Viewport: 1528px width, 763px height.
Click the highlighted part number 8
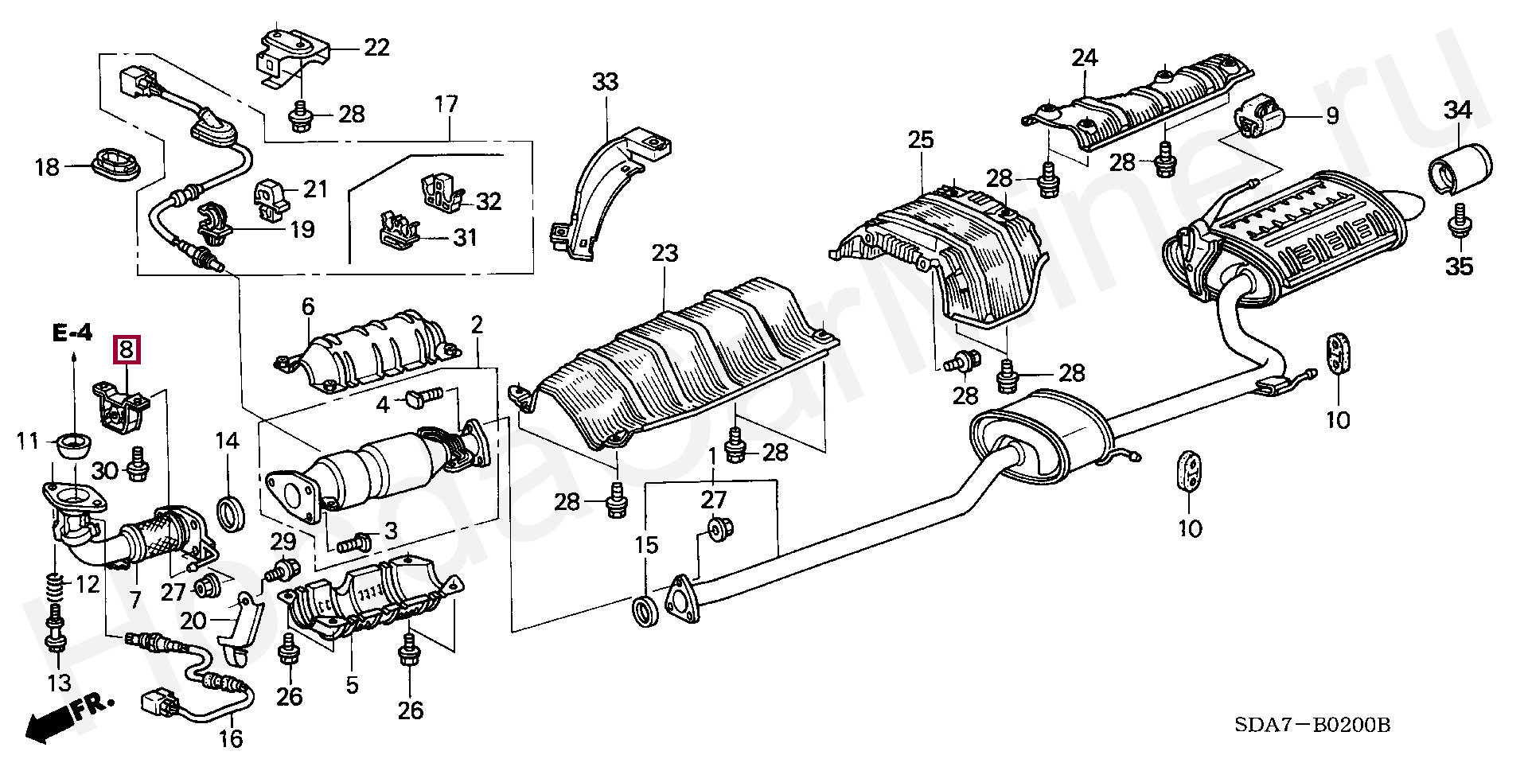click(128, 349)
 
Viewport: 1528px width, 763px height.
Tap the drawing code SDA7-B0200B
click(1313, 725)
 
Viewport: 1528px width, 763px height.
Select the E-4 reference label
click(72, 333)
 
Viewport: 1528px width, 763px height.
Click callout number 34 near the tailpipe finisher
click(1458, 111)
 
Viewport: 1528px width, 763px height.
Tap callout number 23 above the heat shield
click(665, 254)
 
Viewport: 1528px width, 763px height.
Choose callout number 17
click(446, 104)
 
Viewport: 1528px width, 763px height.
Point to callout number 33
click(605, 82)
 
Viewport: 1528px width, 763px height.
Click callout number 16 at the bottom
click(231, 739)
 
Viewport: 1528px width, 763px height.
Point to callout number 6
click(308, 306)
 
